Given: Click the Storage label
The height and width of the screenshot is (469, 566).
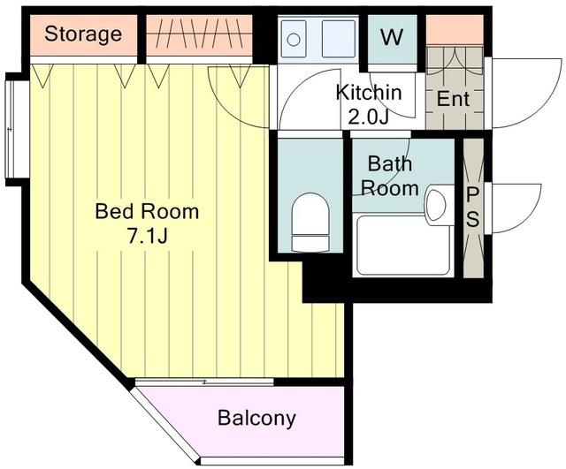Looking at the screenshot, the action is pos(83,34).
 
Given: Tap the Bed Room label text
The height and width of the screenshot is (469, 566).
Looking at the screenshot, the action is pos(147,211).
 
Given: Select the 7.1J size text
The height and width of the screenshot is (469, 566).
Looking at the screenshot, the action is pos(148,237).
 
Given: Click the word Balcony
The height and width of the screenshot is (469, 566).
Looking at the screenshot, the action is pos(256,418).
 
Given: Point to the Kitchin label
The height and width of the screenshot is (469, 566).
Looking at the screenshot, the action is pos(369,93).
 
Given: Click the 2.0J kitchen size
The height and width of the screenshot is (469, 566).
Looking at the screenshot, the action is pos(369,117).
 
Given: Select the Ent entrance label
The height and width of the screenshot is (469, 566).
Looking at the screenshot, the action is pos(454,98).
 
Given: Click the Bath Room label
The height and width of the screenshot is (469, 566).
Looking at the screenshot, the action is pos(390,176).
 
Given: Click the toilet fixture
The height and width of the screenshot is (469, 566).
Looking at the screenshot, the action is pos(310,222).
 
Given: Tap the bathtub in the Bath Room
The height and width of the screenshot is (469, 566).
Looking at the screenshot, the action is pos(403,246).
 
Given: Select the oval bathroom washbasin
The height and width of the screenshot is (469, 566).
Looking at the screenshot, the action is pos(436,205).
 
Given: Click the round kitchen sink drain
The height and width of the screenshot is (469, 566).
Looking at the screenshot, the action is pos(294,39).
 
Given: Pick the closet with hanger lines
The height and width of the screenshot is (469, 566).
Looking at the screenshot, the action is pos(199,35).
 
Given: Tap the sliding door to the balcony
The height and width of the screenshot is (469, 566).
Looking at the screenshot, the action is pos(204,382).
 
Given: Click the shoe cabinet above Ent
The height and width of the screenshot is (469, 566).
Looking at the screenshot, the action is pos(455,30).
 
